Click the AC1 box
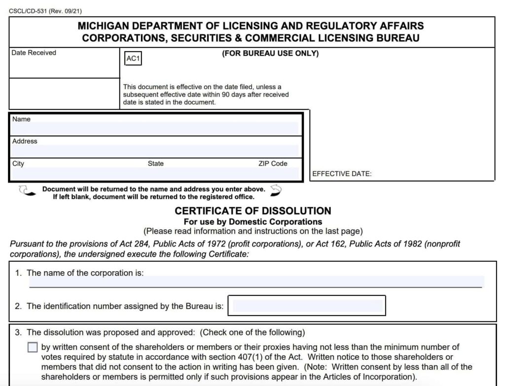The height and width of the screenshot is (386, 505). (x=134, y=59)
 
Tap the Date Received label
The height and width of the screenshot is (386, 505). (x=34, y=53)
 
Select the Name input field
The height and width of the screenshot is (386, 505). (x=155, y=129)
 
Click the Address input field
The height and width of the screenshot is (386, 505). (x=155, y=151)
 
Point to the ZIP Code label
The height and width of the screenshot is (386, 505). (x=273, y=164)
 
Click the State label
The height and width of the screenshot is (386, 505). (x=156, y=164)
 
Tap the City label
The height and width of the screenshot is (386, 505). (x=18, y=164)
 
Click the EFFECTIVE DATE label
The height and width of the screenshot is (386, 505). (x=342, y=174)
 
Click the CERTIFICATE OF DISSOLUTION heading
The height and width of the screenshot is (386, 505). (x=253, y=211)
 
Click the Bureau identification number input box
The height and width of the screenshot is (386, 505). (x=309, y=306)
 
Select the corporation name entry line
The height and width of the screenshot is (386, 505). (x=255, y=282)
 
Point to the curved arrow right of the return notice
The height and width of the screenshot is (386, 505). (x=276, y=190)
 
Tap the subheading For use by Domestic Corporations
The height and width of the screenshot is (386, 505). (x=252, y=222)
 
